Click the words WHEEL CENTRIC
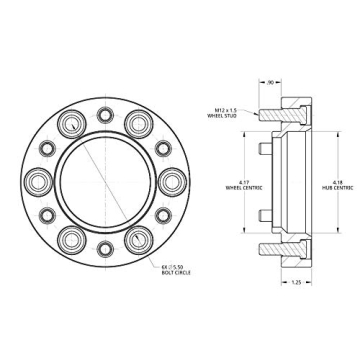point(236,187)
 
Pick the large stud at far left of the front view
point(39,182)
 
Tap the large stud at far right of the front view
point(169,182)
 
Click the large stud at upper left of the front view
point(72,126)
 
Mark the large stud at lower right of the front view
point(137,238)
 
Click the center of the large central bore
point(104,182)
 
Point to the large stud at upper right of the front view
point(137,126)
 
